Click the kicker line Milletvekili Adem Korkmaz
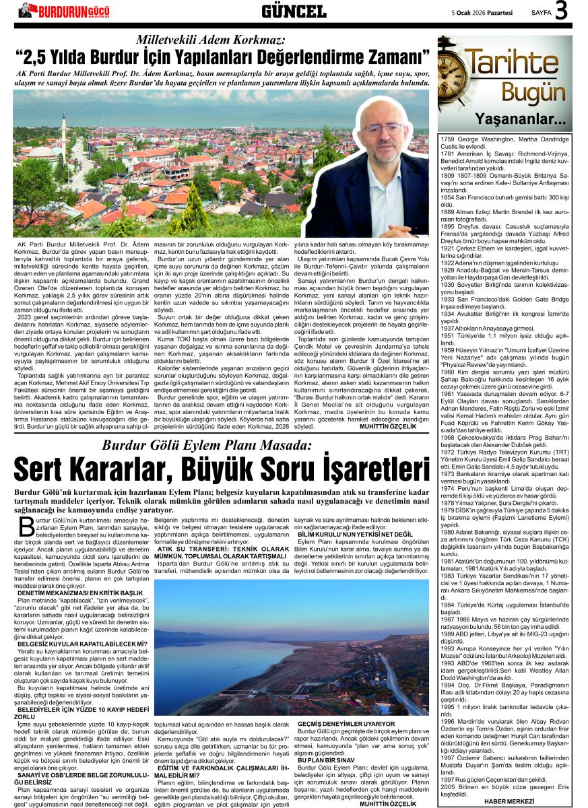(x=211, y=40)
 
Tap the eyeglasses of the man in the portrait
(x=382, y=128)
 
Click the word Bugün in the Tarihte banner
(x=523, y=92)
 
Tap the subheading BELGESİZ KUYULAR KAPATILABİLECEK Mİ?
(x=82, y=644)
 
